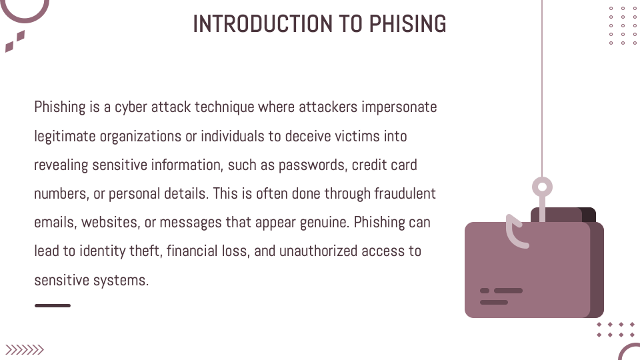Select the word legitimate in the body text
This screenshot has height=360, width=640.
pos(65,137)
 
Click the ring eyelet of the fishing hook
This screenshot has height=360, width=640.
pos(543,186)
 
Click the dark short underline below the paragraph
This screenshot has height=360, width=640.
pos(52,305)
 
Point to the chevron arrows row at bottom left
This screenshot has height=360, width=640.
pos(25,349)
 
